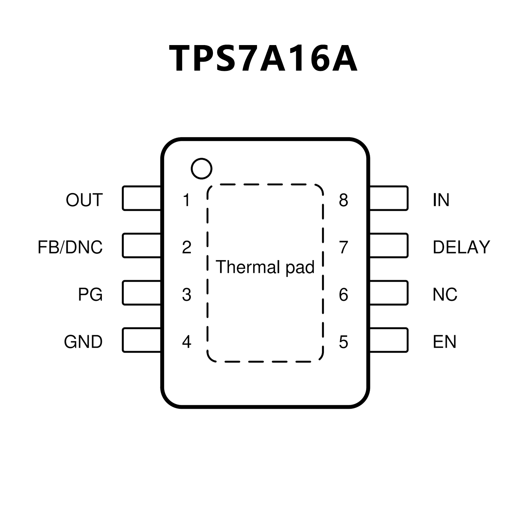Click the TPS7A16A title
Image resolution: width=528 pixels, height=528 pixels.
[x=263, y=58]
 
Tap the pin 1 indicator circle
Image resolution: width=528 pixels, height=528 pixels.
[x=202, y=169]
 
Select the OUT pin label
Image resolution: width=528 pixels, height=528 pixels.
[x=84, y=200]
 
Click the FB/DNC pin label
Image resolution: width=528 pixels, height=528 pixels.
[x=70, y=247]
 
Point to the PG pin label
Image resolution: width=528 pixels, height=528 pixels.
[x=90, y=294]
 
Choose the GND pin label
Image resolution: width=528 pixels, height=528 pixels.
[x=83, y=342]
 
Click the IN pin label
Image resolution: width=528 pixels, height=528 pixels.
[x=441, y=200]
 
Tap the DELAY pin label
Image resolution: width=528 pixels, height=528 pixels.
[x=461, y=247]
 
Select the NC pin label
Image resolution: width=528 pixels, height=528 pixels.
[x=445, y=294]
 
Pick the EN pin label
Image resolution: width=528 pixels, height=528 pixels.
[x=444, y=342]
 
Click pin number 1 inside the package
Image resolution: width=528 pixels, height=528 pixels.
[x=186, y=200]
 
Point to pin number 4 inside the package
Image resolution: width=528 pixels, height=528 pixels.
[x=186, y=342]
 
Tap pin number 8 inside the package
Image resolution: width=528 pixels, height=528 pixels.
[x=343, y=200]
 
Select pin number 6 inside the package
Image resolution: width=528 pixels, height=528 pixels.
[x=343, y=294]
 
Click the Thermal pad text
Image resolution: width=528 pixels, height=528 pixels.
[x=265, y=267]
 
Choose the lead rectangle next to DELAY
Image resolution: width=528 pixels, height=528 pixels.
[x=389, y=246]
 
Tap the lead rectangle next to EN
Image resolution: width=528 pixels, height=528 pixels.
[x=389, y=340]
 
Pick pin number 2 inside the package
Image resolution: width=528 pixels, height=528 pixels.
[x=186, y=247]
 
